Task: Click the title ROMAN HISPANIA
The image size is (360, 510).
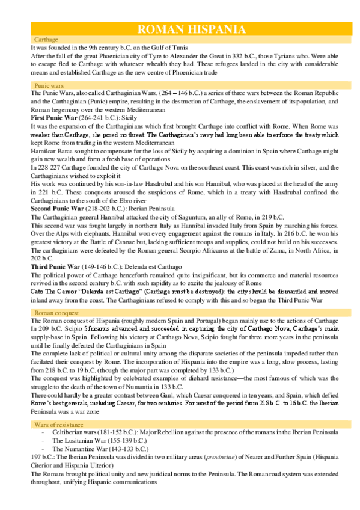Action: coord(191,29)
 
